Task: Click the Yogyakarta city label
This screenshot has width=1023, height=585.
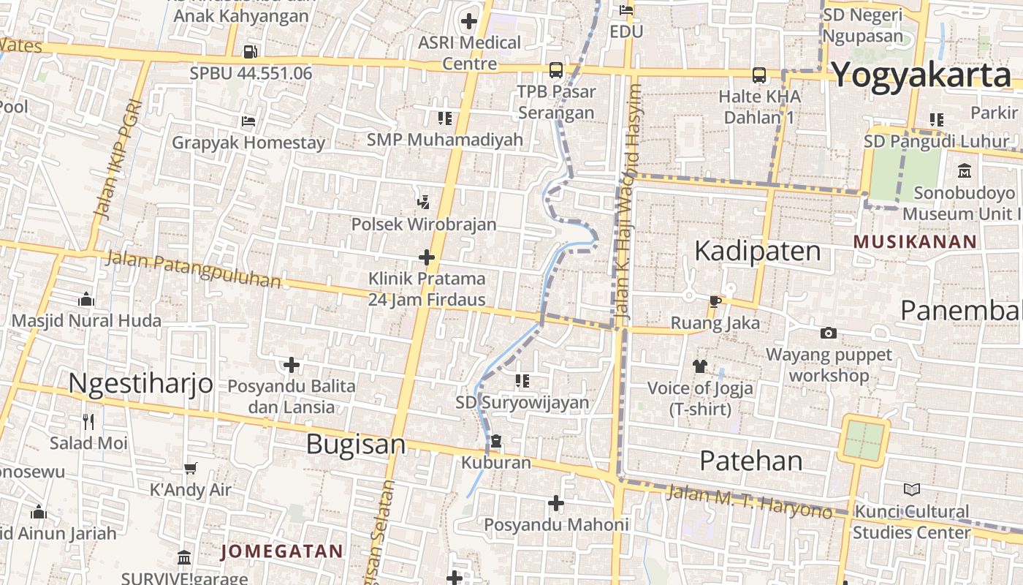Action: point(921,75)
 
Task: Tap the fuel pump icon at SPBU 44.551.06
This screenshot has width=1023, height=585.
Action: point(250,52)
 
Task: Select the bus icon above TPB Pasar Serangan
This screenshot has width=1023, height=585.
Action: point(556,70)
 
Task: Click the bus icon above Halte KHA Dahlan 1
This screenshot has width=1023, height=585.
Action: point(759,75)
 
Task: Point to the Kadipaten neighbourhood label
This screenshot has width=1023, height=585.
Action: point(757,251)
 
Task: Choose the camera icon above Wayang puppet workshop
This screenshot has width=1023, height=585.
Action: point(828,333)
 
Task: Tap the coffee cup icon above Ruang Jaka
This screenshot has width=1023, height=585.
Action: point(715,301)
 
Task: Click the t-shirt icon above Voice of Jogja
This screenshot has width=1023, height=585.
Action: point(699,366)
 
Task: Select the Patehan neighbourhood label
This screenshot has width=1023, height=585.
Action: point(751,461)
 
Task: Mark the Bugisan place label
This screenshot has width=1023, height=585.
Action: point(355,444)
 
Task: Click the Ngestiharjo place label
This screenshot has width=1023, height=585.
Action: point(140,383)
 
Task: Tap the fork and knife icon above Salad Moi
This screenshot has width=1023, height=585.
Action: point(88,422)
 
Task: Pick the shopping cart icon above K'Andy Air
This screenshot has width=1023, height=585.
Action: point(190,469)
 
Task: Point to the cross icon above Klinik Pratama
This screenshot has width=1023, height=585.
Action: point(427,257)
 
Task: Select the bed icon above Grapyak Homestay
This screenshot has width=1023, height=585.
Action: point(248,121)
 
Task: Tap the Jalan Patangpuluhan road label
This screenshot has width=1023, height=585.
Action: point(193,268)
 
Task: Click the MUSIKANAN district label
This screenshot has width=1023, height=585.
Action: point(915,241)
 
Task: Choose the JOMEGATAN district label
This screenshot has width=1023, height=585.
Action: point(282,551)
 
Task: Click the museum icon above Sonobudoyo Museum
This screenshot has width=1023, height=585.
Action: point(964,171)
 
